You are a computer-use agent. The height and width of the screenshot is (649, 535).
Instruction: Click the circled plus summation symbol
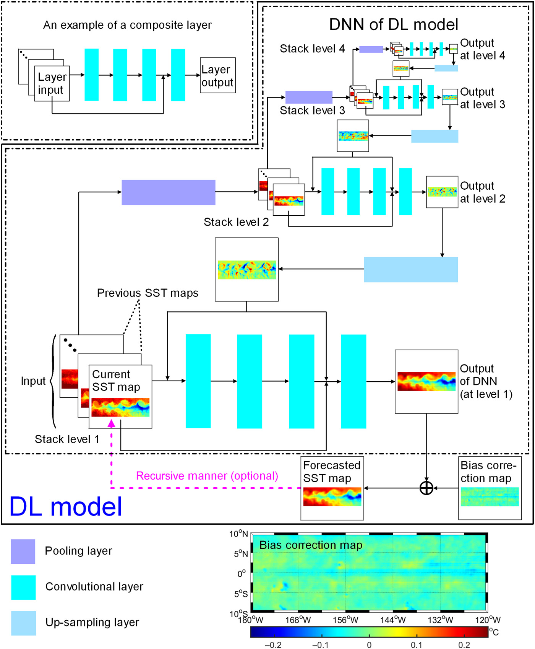(x=426, y=488)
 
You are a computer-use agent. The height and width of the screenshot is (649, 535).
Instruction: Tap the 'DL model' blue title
(x=65, y=507)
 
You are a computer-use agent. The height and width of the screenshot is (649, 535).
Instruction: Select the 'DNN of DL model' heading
(x=393, y=24)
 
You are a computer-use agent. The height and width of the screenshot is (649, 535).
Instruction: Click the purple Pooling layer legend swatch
(x=23, y=551)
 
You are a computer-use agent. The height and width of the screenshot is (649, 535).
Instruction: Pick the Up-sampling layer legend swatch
(x=23, y=623)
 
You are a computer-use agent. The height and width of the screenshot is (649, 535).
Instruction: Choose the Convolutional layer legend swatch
(x=23, y=587)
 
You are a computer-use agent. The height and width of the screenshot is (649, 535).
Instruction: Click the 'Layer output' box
(x=217, y=75)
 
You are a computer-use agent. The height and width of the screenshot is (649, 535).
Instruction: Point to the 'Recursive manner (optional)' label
(x=207, y=476)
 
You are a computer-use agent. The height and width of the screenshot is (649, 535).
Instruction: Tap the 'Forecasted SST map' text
(x=332, y=472)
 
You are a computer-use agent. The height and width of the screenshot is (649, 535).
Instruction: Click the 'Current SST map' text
(x=116, y=381)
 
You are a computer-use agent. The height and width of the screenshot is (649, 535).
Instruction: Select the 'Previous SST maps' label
(x=148, y=293)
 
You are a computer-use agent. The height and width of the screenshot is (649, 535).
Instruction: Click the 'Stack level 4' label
(x=312, y=49)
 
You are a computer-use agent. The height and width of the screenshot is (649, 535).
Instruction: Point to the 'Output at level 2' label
(x=482, y=192)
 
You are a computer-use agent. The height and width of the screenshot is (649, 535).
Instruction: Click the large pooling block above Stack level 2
(x=168, y=192)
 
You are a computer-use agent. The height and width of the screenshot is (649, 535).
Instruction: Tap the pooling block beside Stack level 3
(x=309, y=97)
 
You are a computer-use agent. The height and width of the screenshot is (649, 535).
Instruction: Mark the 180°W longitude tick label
(x=251, y=620)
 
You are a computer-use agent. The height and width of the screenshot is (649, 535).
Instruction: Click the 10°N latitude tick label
(x=239, y=534)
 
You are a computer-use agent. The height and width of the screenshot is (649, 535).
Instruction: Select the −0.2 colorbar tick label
(x=273, y=645)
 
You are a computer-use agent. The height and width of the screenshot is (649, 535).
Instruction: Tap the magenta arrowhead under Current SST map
(x=111, y=423)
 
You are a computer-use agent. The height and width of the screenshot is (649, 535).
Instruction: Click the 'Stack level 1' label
(x=67, y=439)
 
